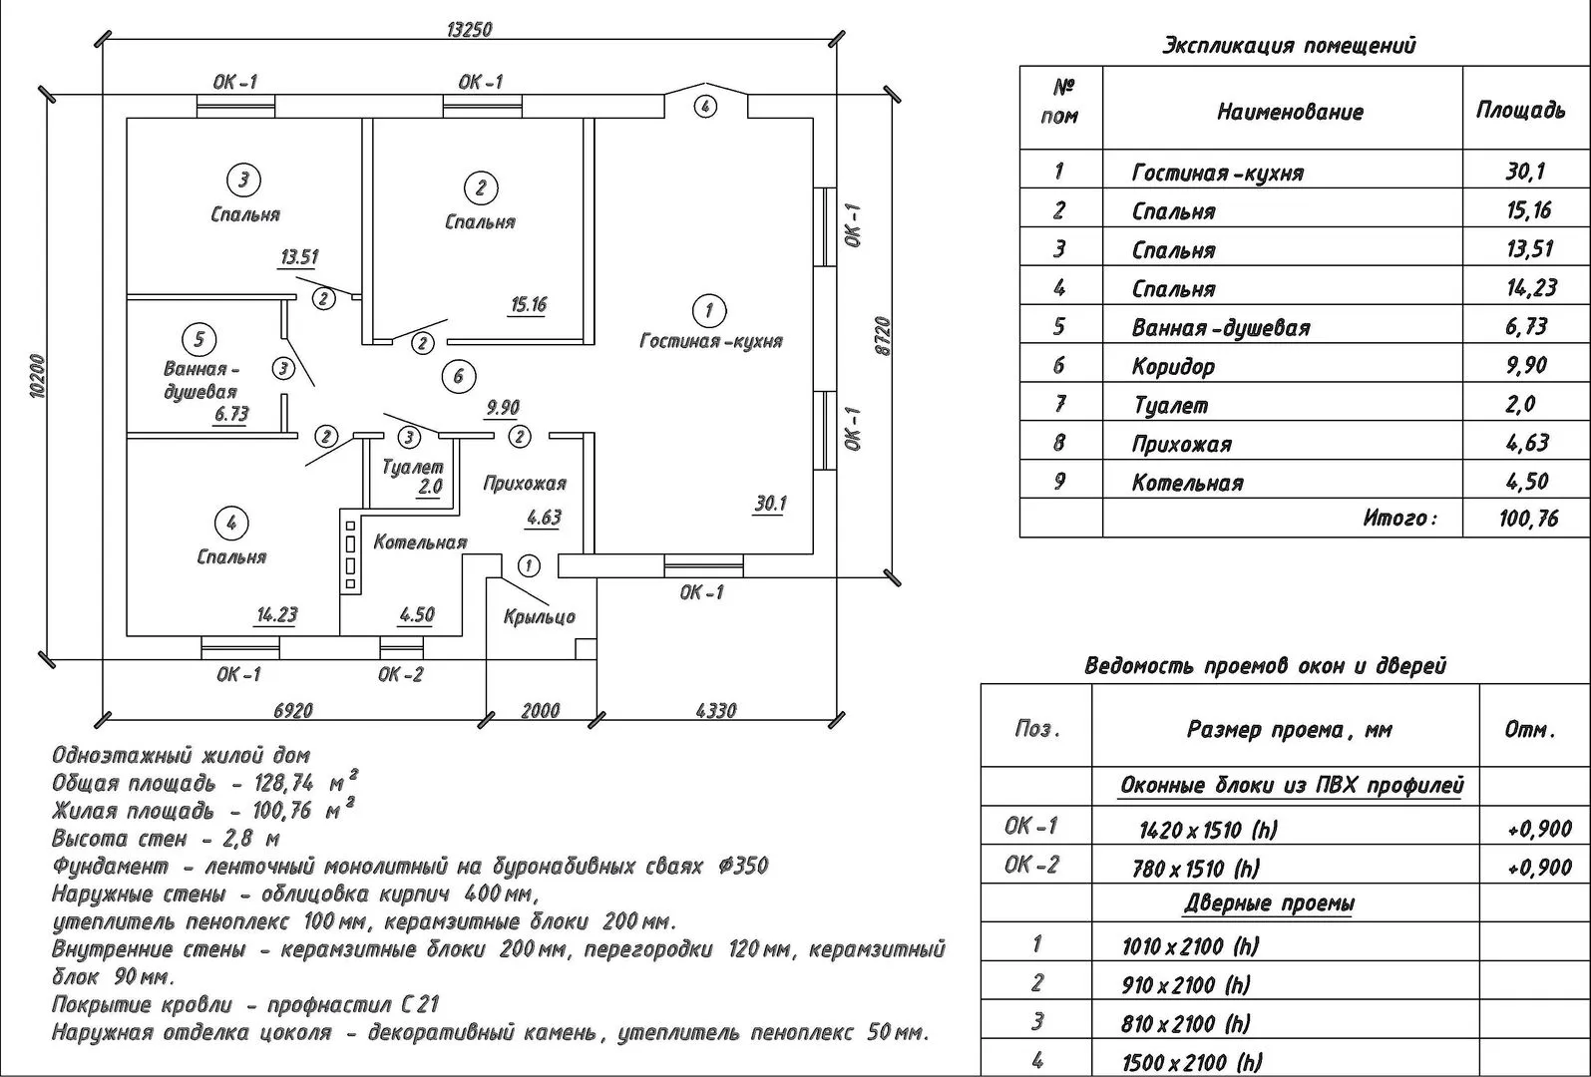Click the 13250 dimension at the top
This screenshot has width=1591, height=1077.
[x=469, y=30]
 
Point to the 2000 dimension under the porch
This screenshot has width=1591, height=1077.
[x=541, y=711]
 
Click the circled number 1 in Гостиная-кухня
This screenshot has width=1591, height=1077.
[x=709, y=310]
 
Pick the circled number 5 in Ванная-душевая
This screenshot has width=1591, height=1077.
[x=199, y=339]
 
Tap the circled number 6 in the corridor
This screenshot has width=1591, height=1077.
[x=458, y=376]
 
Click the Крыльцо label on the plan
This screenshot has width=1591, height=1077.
[x=540, y=617]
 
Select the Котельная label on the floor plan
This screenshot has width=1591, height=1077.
[x=420, y=542]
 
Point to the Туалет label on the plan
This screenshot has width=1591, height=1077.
[x=412, y=467]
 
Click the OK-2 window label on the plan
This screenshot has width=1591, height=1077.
[x=400, y=675]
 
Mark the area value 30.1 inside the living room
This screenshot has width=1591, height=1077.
[x=770, y=505]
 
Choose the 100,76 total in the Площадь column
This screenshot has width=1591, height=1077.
[x=1527, y=519]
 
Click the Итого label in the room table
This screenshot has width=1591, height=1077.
[x=1399, y=519]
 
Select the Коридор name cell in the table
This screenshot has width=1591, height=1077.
[x=1173, y=366]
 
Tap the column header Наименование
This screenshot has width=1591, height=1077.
[x=1289, y=112]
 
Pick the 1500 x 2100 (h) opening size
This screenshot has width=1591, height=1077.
[x=1192, y=1062]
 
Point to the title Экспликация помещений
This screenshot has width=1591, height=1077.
[x=1289, y=46]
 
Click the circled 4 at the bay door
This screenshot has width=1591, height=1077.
[x=705, y=106]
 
